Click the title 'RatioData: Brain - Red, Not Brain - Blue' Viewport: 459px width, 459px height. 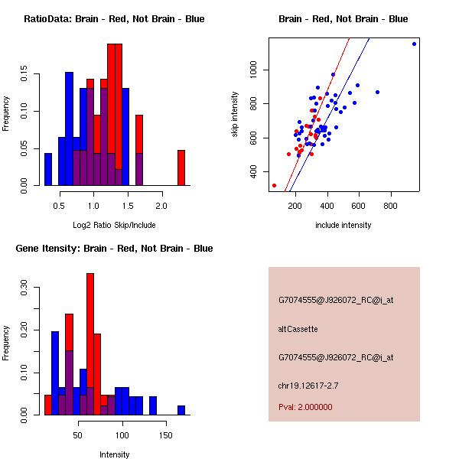coord(114,19)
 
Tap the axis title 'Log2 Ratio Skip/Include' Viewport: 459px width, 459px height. coord(113,225)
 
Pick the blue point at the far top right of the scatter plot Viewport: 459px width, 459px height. coord(414,44)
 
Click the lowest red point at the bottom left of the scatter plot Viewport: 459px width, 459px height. coord(274,185)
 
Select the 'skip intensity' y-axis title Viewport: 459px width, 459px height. coord(235,115)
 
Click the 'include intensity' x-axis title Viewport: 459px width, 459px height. coord(343,225)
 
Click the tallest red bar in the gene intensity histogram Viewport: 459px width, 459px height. coord(90,343)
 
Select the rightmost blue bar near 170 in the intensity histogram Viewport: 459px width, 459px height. coord(181,410)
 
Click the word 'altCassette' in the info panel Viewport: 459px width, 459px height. coord(298,329)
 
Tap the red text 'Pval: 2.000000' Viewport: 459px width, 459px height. coord(305,407)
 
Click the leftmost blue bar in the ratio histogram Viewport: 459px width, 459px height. coord(48,169)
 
